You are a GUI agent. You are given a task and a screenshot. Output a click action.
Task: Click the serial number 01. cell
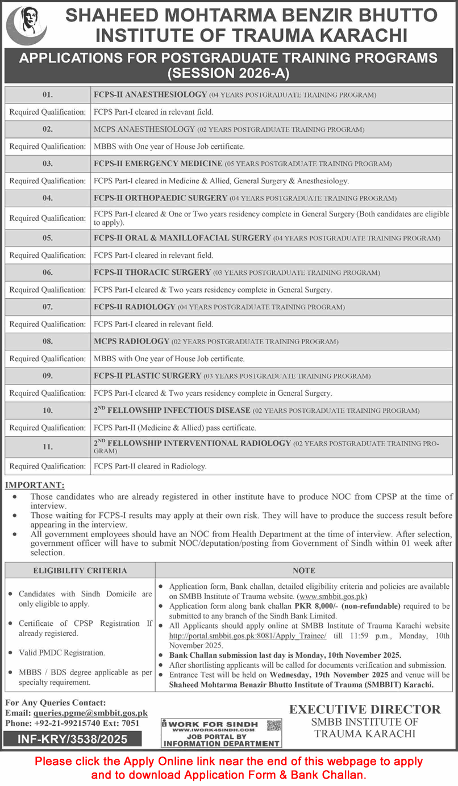(47, 95)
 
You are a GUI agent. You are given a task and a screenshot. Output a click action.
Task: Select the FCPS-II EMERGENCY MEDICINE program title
(157, 164)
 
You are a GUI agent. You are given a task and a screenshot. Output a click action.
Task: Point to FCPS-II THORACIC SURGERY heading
(152, 273)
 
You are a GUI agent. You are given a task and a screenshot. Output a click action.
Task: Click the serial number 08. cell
(47, 341)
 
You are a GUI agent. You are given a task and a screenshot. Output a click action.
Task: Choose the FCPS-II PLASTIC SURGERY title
(147, 376)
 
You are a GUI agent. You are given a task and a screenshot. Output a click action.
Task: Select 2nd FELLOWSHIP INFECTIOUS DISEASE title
(172, 410)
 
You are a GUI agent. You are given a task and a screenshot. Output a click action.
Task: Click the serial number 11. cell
(47, 447)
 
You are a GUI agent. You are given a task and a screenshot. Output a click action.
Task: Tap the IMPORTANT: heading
(35, 486)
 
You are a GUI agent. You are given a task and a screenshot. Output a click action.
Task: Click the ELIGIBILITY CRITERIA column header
(80, 570)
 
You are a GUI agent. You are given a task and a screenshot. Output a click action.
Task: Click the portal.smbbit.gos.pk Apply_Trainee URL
(248, 636)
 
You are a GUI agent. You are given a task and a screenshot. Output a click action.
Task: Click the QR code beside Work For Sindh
(274, 725)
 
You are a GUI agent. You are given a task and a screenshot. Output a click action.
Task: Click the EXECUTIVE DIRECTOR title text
(365, 709)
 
